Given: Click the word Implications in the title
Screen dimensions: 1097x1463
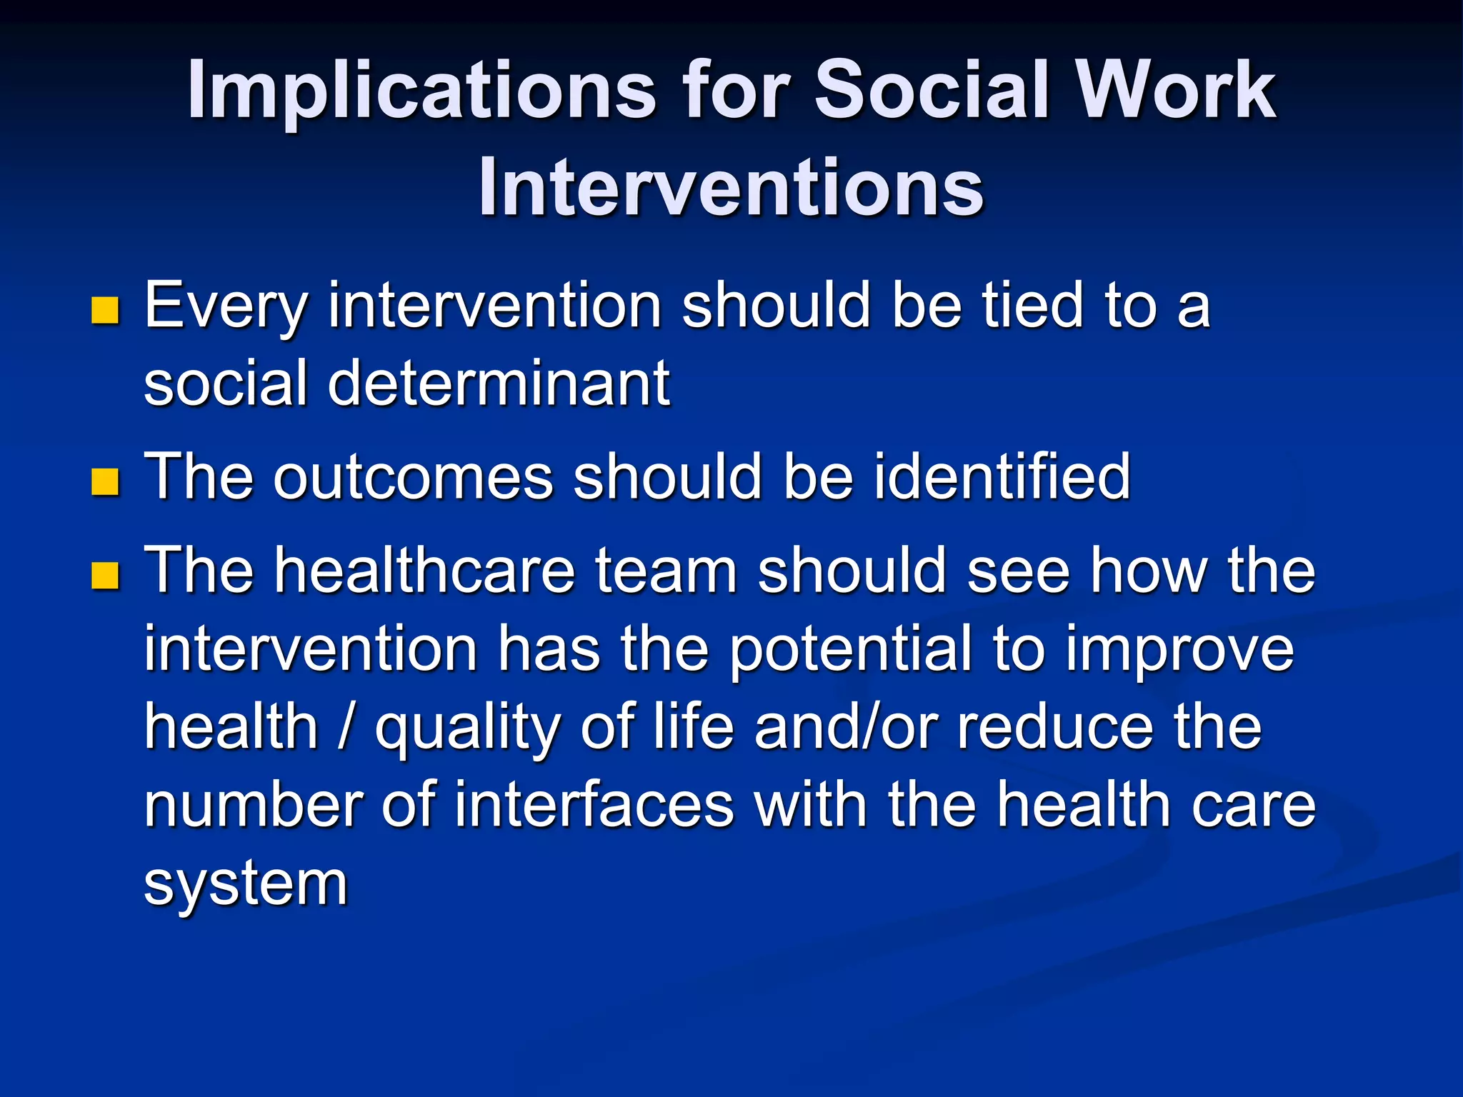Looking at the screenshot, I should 421,91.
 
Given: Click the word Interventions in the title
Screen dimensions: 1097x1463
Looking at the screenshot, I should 731,187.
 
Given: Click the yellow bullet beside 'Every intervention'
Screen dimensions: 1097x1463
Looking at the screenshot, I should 105,311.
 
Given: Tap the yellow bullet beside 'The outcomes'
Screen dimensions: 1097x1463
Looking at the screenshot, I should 105,481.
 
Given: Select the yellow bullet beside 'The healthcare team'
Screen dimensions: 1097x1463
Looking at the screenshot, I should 105,576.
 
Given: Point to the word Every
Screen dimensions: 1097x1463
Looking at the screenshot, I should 226,307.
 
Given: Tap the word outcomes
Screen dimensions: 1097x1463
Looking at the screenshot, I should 413,476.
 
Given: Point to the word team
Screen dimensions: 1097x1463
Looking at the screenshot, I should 666,571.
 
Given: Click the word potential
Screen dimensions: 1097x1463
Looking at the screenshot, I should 851,650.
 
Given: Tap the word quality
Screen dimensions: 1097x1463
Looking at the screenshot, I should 467,728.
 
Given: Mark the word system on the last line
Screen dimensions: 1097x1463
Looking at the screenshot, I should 246,884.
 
